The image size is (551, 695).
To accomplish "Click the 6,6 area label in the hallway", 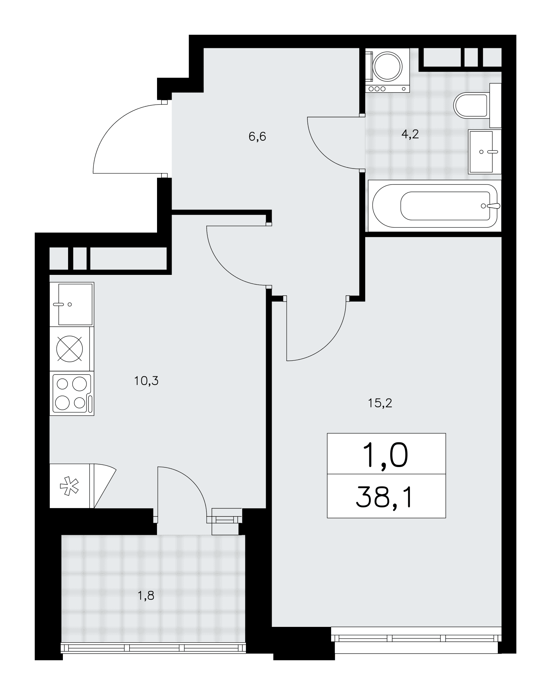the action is coord(257,137).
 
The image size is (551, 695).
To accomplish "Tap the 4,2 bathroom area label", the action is coord(410,134).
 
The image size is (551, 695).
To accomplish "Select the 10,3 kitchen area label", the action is coord(146,381).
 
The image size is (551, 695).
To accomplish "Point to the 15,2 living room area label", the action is coord(380,403).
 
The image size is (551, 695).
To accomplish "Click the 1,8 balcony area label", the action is coord(146,596).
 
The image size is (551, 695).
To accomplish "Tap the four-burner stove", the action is coord(72,393).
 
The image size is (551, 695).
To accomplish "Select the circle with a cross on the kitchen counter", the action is coord(70,349).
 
